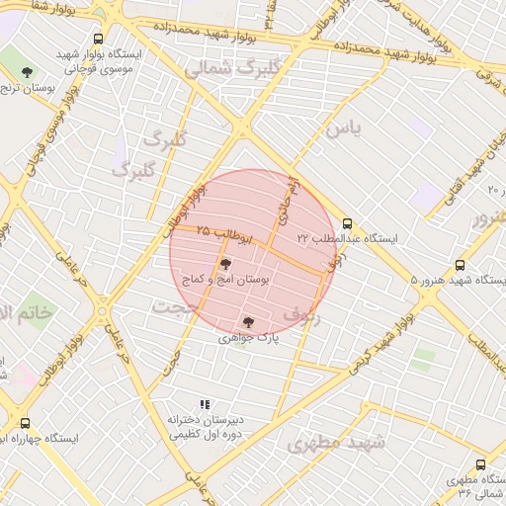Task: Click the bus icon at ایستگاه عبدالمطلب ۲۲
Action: click(346, 223)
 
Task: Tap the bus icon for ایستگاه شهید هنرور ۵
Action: click(460, 266)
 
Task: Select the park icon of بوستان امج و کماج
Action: click(225, 264)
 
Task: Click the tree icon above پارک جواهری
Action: click(248, 322)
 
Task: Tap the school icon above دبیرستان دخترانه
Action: click(205, 404)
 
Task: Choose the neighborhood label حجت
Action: click(167, 308)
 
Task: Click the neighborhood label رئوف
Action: click(302, 314)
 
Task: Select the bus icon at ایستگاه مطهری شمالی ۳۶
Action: click(481, 464)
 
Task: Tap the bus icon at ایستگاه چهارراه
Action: click(25, 423)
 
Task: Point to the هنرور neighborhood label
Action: click(489, 216)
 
